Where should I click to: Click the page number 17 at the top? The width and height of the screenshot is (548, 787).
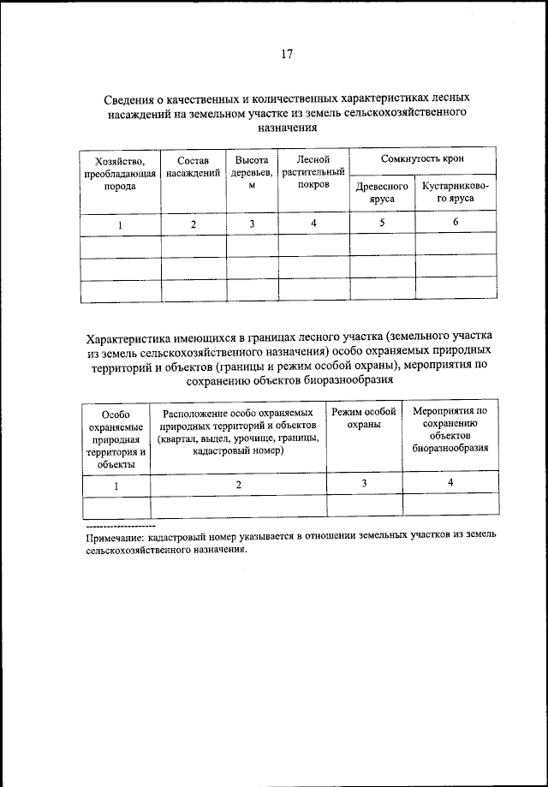(286, 55)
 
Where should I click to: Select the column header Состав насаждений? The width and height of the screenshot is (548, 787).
(193, 167)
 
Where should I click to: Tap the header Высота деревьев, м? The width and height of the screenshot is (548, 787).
(252, 173)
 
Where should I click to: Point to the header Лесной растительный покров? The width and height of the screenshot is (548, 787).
(313, 173)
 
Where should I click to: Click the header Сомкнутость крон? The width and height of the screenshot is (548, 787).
(424, 160)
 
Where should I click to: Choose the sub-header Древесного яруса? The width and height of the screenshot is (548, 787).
(381, 192)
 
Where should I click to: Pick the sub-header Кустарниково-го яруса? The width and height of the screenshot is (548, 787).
(455, 192)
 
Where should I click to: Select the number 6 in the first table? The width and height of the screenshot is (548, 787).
(456, 223)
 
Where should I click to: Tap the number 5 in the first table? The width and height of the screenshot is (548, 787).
(382, 223)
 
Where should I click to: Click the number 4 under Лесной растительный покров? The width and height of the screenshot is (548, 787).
(313, 224)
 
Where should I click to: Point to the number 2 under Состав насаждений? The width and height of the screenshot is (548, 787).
(194, 224)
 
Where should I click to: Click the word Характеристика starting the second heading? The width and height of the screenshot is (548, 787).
(135, 337)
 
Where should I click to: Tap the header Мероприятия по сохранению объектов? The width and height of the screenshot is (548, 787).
(450, 429)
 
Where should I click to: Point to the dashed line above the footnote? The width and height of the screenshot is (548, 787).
(120, 524)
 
